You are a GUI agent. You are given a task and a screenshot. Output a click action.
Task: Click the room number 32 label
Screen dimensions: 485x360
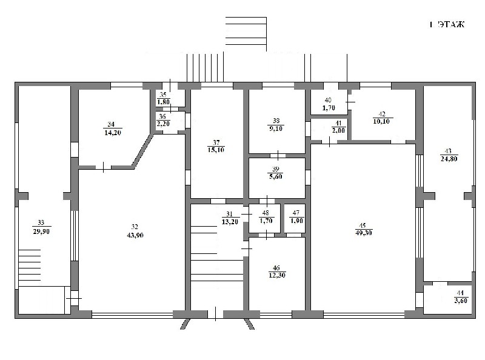pos(135,227)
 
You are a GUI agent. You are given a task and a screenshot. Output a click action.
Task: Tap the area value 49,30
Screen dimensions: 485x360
pos(364,233)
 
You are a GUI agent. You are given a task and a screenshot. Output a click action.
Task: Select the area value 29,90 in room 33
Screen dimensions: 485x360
pos(41,232)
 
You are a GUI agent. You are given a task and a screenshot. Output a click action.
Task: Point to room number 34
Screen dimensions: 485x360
pos(111,124)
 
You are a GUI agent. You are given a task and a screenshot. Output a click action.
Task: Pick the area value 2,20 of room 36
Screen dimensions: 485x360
pos(164,124)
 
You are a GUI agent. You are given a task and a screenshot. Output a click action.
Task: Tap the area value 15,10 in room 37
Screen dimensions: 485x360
pos(216,150)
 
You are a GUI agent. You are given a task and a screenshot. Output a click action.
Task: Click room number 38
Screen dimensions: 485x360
pos(276,121)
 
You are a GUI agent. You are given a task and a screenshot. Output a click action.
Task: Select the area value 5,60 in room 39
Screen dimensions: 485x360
pos(276,176)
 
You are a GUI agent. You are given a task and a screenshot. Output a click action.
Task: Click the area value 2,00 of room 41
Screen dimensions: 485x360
pos(338,130)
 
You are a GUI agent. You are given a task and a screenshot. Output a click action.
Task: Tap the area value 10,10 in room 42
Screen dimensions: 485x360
pos(381,121)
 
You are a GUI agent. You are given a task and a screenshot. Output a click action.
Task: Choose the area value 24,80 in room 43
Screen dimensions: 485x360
pos(449,159)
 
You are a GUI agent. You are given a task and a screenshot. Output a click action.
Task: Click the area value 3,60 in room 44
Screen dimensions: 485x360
pos(461,301)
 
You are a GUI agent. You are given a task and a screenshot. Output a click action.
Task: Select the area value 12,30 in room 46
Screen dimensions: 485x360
pos(277,275)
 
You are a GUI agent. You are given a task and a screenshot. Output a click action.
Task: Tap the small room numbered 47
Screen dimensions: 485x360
pos(295,218)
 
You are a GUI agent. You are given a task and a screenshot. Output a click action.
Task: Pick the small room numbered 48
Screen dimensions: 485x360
pos(265,218)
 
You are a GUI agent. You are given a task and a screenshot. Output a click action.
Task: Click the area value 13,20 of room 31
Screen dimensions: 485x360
pos(230,221)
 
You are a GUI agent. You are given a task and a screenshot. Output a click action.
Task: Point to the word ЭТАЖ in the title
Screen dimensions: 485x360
pos(451,24)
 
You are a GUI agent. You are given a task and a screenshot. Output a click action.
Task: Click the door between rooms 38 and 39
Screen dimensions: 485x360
pos(278,155)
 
